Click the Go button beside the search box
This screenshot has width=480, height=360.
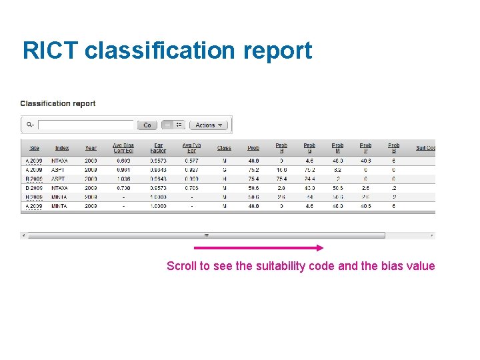(x=147, y=125)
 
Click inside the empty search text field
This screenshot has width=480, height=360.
(x=86, y=125)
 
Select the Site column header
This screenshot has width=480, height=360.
(x=34, y=148)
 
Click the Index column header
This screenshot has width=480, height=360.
(x=62, y=148)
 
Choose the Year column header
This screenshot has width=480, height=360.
(x=91, y=148)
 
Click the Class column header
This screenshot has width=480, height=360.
(x=224, y=148)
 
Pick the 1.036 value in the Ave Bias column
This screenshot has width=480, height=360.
(x=123, y=179)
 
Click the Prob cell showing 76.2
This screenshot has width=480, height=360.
(x=253, y=170)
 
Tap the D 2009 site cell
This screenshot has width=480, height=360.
(x=33, y=189)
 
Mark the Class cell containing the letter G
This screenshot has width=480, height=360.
(x=224, y=170)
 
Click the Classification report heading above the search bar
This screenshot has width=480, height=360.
(x=58, y=103)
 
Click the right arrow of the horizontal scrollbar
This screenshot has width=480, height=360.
(x=432, y=235)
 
